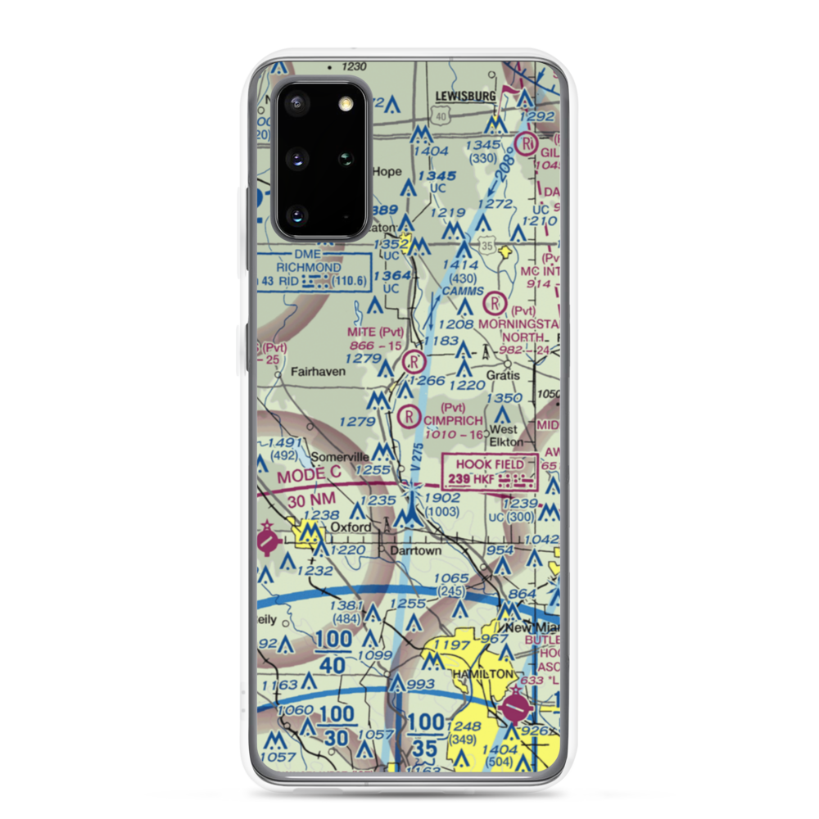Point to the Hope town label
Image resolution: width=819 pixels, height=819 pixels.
(387, 172)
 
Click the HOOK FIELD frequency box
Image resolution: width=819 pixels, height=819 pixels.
(491, 472)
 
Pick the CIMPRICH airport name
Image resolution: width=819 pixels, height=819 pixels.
(454, 420)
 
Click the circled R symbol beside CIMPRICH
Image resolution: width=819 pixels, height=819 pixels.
(408, 418)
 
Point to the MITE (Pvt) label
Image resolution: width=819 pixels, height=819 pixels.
(376, 333)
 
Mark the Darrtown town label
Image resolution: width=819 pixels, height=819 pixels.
(415, 551)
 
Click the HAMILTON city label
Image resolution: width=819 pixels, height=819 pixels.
(483, 673)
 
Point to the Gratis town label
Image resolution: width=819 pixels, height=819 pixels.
(503, 374)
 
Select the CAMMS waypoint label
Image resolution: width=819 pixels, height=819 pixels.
(462, 291)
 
